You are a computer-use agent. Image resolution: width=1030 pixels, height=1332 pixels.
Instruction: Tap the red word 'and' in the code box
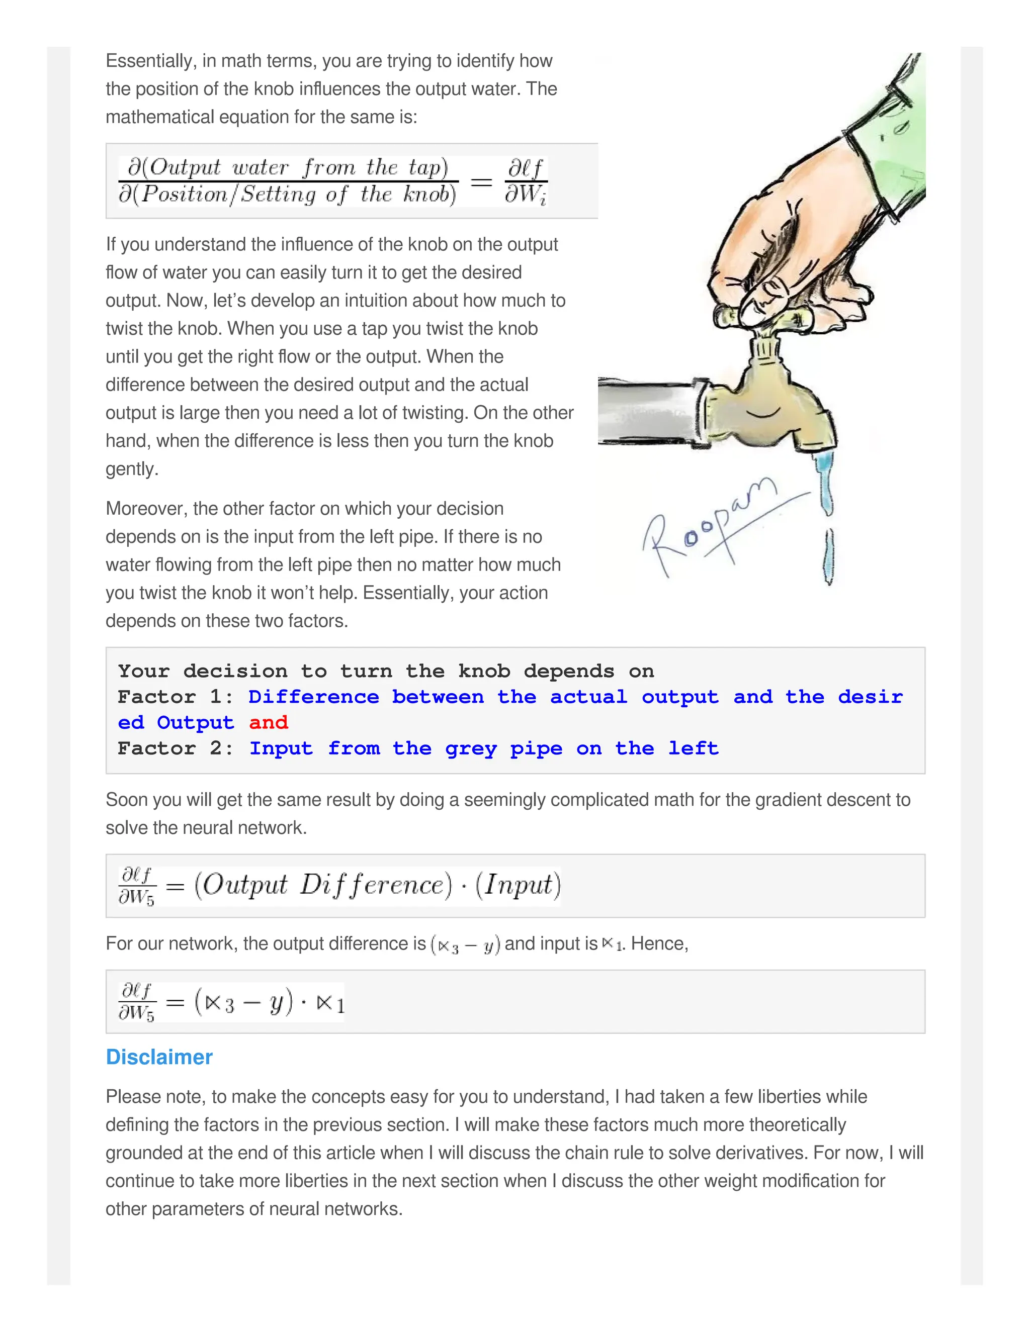269,723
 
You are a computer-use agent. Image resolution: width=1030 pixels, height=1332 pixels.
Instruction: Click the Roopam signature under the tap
708,528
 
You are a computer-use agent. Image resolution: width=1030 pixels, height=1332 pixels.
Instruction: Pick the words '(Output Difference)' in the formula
323,886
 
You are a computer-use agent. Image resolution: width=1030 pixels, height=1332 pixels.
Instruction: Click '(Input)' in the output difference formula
518,886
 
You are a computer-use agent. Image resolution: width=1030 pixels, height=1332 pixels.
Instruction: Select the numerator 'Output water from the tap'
288,167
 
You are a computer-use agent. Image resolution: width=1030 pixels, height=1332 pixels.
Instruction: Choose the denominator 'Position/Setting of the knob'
288,195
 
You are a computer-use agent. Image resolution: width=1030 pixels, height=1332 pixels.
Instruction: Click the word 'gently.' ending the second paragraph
132,469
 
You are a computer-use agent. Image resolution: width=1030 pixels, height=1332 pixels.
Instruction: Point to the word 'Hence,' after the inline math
660,943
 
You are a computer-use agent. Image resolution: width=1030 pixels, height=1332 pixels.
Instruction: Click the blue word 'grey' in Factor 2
470,748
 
